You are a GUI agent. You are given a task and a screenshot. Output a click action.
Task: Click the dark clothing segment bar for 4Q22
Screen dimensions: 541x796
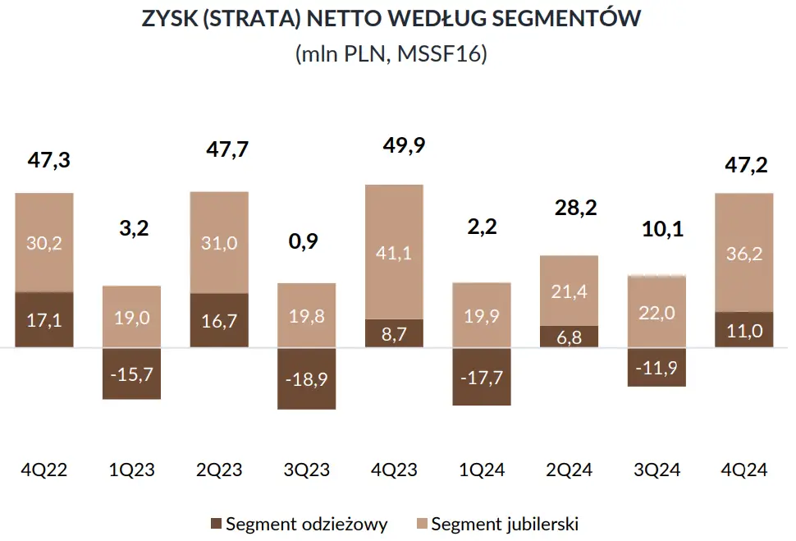44,319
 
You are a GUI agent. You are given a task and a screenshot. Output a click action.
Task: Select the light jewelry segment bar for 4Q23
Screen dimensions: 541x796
394,251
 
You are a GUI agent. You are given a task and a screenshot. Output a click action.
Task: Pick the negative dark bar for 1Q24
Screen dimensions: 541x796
482,376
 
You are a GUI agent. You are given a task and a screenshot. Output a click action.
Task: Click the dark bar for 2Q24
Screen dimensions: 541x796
569,337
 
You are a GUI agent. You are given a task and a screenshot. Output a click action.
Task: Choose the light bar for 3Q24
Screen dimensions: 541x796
656,311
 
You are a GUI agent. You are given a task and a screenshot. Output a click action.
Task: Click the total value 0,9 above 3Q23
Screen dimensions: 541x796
306,241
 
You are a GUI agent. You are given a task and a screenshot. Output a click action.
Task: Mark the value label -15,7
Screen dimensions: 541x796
131,374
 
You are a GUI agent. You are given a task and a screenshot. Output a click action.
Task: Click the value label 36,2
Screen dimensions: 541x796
744,253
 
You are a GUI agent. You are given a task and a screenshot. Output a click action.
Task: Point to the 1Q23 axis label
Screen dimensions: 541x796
132,470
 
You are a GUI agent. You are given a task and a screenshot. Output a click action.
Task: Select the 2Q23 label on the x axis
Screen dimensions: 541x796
219,470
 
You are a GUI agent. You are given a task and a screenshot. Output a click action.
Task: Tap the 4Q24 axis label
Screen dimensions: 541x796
744,470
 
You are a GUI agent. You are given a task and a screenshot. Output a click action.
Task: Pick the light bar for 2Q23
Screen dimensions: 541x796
219,242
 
